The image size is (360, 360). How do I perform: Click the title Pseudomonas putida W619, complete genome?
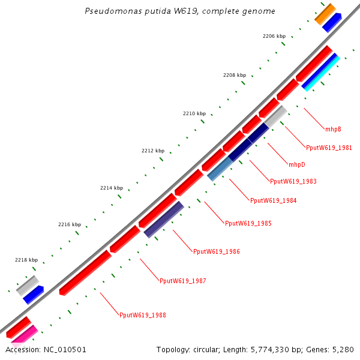coord(180,11)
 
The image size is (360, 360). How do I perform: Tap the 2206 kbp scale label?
coord(274,37)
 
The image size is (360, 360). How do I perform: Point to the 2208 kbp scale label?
coord(234,76)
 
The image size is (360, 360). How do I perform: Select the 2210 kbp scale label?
coord(194,113)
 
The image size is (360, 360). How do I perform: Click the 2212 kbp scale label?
coord(152,151)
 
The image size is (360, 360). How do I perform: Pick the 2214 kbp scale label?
coord(111,188)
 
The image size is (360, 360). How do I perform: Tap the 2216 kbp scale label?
coord(69,224)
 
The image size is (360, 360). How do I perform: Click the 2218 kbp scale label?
coord(26,260)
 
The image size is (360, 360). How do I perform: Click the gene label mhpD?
coord(296,164)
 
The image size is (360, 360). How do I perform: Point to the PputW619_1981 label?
coord(329,148)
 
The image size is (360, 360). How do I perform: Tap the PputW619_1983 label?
coord(293,181)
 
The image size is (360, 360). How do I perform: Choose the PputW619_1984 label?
coord(273,200)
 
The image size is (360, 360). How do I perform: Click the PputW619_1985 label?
coord(248,223)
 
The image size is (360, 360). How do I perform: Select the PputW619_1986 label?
coord(216,251)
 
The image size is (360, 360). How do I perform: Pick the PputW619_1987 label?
coord(182,280)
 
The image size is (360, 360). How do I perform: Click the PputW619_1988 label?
coord(143,315)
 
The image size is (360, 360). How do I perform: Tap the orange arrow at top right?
coord(325,13)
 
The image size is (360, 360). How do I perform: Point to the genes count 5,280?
coord(344,349)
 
